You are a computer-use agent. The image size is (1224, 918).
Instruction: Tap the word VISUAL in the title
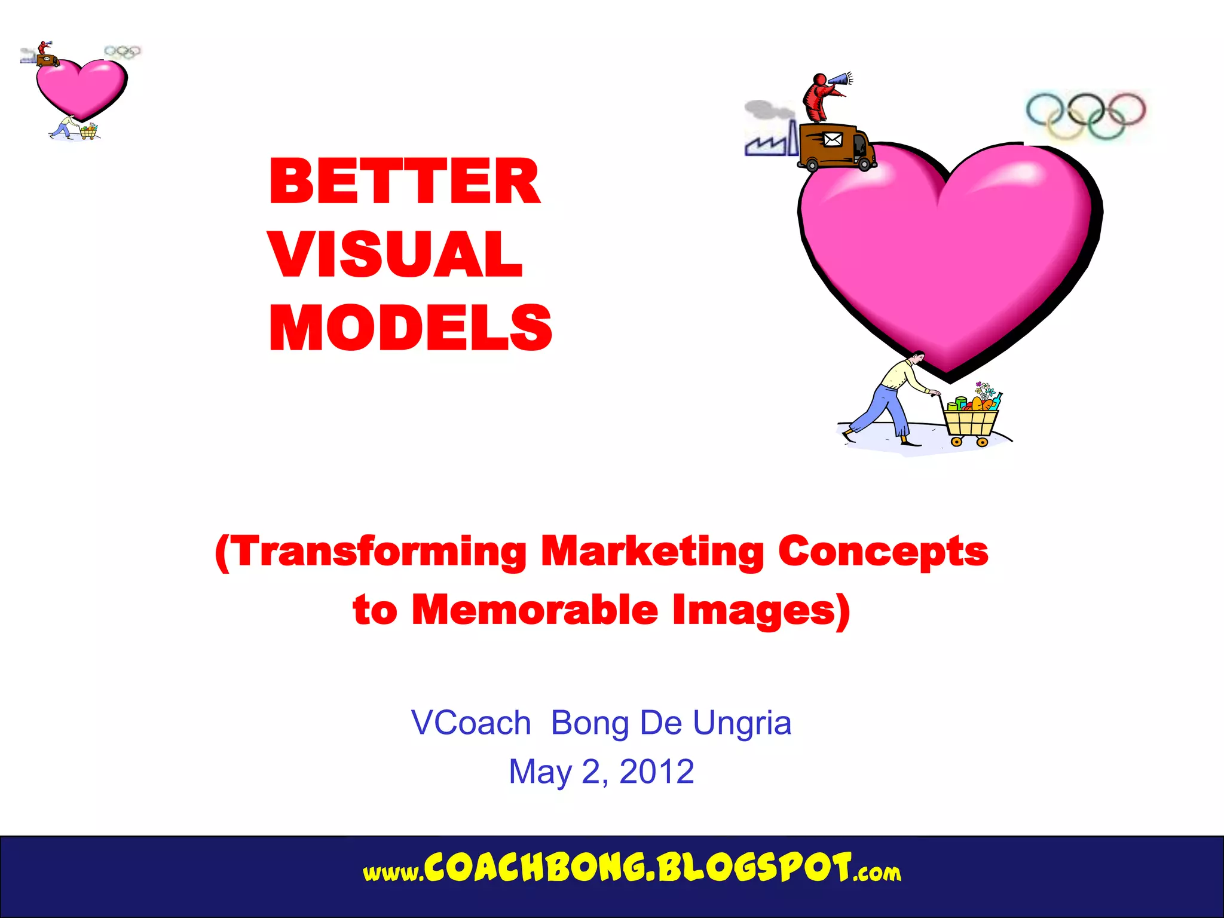(x=396, y=254)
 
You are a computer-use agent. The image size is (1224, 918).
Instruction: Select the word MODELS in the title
(x=411, y=328)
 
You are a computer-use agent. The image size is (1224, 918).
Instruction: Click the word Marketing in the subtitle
(x=652, y=552)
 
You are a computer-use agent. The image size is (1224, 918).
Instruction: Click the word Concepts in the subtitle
(x=883, y=552)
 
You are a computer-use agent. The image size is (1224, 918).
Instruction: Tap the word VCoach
(x=471, y=723)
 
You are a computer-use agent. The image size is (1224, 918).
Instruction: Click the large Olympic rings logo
(x=1085, y=115)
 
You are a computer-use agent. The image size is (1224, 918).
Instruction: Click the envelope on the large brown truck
(x=833, y=140)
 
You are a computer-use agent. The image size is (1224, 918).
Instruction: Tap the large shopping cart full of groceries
(x=971, y=418)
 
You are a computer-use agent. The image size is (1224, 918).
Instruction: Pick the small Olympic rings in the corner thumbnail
(x=123, y=52)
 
